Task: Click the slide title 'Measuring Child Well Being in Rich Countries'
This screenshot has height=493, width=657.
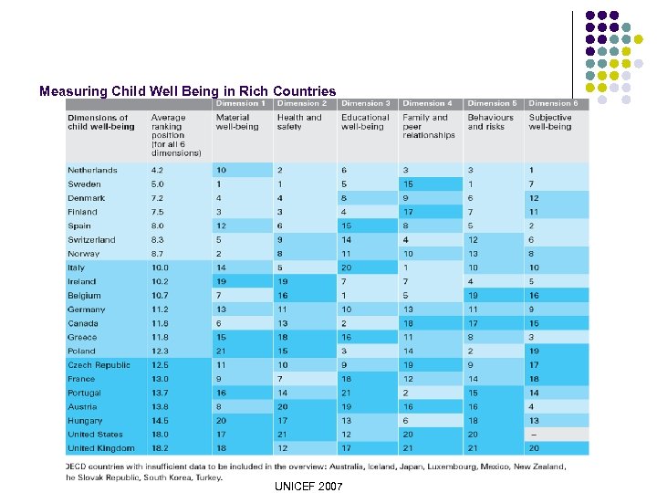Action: click(x=187, y=91)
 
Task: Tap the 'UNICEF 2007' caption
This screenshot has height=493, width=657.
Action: click(x=308, y=487)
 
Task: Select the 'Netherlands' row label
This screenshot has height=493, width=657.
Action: click(x=92, y=170)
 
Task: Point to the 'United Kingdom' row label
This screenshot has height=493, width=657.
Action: click(x=100, y=448)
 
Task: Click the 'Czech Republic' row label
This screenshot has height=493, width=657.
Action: click(x=99, y=365)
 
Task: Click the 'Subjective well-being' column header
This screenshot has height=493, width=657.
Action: click(x=550, y=121)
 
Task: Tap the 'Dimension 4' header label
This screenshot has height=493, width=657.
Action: click(x=427, y=103)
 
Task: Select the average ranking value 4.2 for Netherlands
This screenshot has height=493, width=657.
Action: click(x=158, y=170)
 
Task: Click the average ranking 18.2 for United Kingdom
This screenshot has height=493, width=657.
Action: click(x=161, y=448)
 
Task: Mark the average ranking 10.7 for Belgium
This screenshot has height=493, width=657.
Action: click(x=161, y=296)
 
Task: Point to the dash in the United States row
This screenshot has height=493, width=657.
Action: click(x=532, y=435)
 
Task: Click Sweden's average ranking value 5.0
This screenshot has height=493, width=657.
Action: click(x=158, y=184)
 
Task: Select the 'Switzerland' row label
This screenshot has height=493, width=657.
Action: click(x=91, y=240)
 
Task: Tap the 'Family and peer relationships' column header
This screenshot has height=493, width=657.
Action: click(x=428, y=126)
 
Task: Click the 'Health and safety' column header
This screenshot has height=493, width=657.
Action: click(x=299, y=121)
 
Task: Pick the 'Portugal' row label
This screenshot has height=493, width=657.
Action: click(x=84, y=393)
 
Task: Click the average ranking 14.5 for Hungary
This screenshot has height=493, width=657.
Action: click(x=161, y=421)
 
